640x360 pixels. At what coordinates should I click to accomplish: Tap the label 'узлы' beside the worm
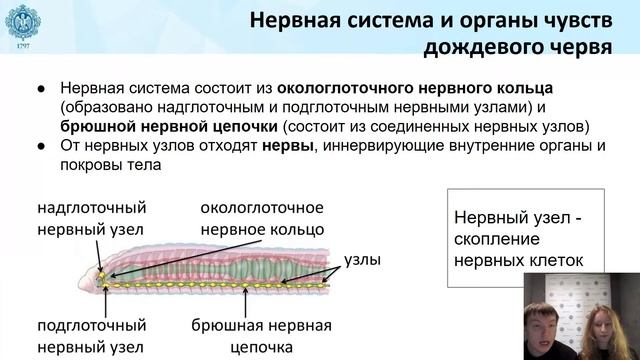(x=362, y=258)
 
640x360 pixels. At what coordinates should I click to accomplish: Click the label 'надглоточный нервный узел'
(x=92, y=218)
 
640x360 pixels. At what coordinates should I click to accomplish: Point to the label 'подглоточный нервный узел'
(x=92, y=337)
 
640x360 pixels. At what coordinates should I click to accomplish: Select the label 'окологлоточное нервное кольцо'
(x=262, y=218)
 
